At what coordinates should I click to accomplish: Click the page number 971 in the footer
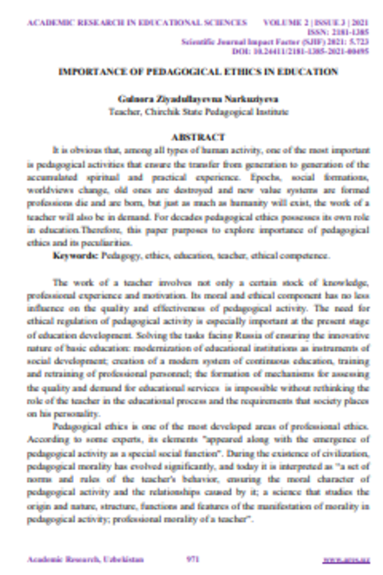point(193,558)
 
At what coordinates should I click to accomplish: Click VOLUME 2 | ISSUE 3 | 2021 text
point(320,22)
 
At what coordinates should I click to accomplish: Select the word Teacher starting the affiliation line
point(121,112)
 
